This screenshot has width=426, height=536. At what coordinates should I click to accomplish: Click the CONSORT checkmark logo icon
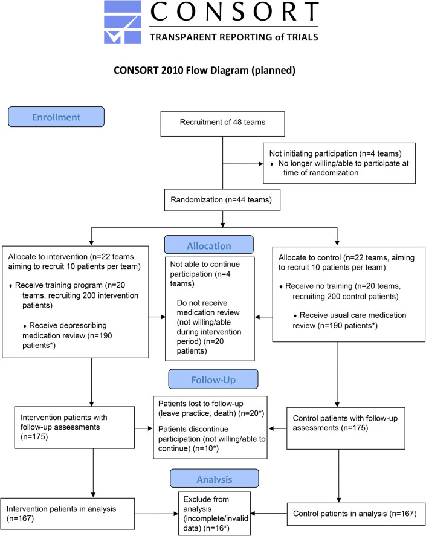123,22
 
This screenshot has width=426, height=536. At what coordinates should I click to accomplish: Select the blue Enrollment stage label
56,117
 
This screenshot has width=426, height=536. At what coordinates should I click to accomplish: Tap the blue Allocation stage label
209,245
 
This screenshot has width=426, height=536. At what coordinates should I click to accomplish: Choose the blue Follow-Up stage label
213,379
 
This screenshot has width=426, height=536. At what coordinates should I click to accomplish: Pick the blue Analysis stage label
215,478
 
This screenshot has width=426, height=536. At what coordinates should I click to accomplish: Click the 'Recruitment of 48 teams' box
222,124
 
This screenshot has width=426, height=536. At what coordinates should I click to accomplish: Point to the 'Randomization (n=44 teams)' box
222,200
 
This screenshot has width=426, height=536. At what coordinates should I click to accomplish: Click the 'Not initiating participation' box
339,163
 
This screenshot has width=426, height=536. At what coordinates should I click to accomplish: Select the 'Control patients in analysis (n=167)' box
355,514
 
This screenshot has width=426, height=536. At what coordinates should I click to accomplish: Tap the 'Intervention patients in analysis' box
67,514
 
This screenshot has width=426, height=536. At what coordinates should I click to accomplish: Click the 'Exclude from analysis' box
215,514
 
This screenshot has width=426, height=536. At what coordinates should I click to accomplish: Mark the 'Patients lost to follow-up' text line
201,404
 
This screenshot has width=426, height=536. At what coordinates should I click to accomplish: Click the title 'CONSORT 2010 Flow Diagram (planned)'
204,71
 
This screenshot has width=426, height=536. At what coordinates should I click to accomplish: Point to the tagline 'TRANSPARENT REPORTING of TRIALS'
234,37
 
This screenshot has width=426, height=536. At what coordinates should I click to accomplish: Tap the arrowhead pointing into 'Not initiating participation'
261,164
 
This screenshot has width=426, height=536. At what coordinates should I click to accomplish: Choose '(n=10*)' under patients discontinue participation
206,448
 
